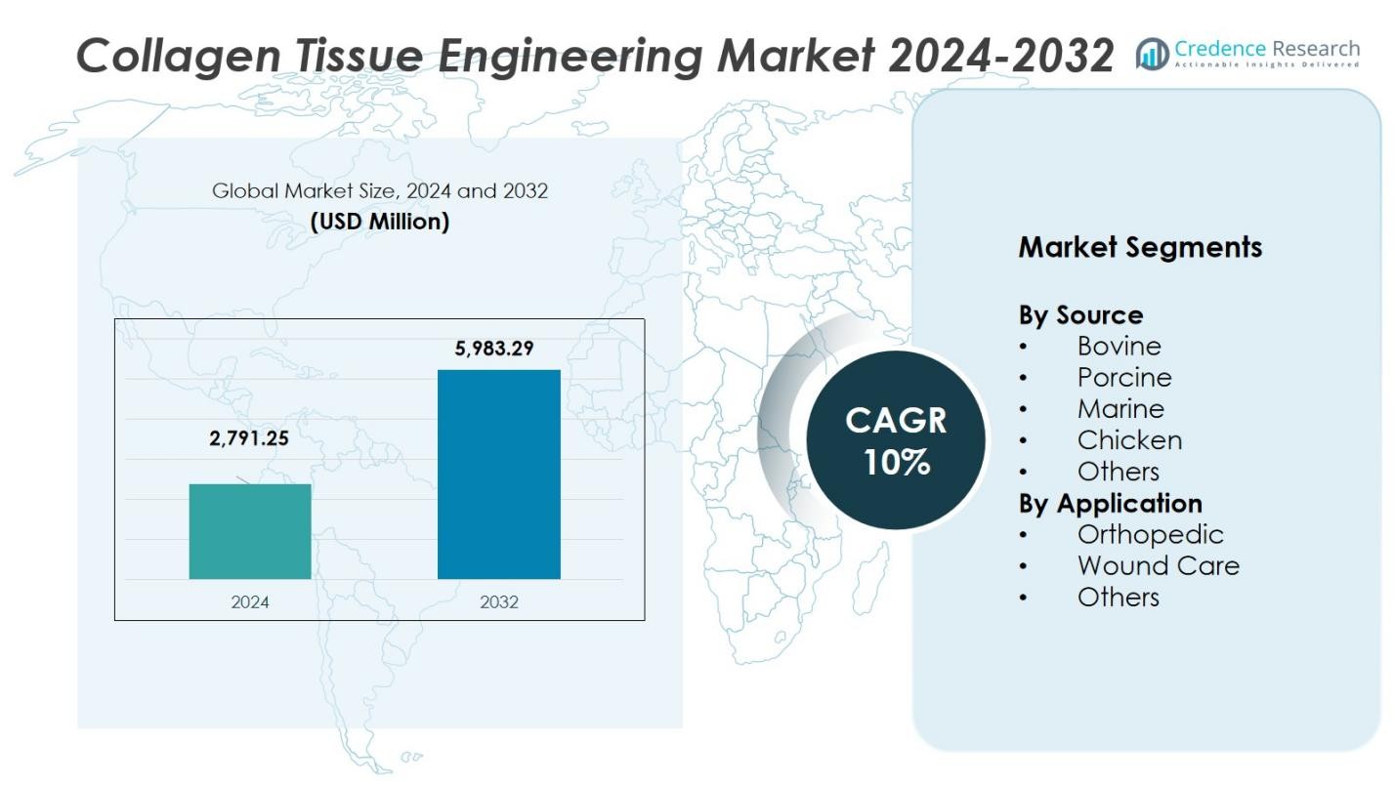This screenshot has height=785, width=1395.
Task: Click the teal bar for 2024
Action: (x=250, y=531)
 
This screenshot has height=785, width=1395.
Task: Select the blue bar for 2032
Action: (x=498, y=474)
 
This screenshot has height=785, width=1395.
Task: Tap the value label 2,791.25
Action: (x=249, y=438)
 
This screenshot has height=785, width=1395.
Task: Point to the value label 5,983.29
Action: (x=494, y=348)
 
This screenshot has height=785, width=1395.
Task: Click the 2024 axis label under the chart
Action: (x=250, y=601)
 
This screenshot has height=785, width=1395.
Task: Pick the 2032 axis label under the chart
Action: (x=499, y=601)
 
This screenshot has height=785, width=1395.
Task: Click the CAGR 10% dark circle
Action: (x=896, y=440)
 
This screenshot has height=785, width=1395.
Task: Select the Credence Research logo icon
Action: (x=1153, y=55)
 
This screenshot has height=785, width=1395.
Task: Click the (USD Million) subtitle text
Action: (x=380, y=222)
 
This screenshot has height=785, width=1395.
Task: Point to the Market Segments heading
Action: (x=1140, y=247)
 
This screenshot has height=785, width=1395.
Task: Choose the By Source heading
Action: (x=1080, y=315)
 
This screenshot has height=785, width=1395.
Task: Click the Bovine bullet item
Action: (x=1119, y=346)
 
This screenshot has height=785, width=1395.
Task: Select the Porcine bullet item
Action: (x=1123, y=377)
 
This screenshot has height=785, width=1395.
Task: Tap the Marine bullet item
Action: (x=1120, y=408)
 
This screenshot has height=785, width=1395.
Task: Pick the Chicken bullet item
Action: (x=1129, y=439)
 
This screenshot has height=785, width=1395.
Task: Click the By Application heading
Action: (x=1110, y=503)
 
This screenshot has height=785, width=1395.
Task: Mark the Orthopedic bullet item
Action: (x=1150, y=534)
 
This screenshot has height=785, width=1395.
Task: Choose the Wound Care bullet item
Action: (x=1158, y=565)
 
